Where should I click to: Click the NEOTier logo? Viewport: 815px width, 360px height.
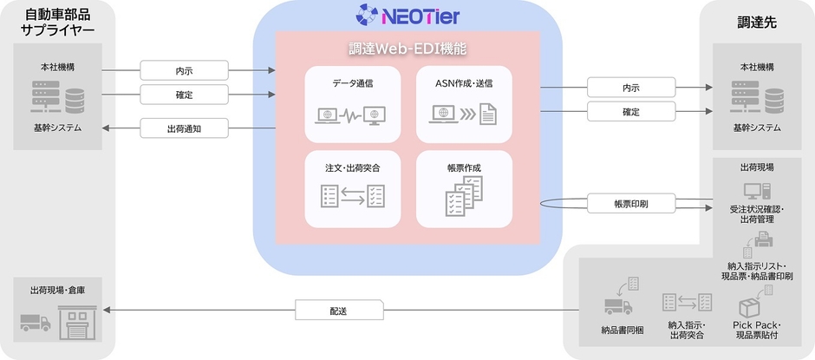(407, 15)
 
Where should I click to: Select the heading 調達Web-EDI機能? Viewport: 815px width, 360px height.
(407, 49)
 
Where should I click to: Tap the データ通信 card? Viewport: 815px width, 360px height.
(354, 104)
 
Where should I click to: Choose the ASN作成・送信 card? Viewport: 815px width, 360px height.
(464, 104)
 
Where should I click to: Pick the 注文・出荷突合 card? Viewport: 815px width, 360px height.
(354, 187)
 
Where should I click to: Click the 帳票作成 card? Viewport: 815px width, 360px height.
(464, 187)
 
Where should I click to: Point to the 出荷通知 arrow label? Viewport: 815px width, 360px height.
(184, 128)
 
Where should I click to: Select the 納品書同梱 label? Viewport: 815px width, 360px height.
(621, 329)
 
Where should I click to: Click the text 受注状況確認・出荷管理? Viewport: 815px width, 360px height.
(757, 214)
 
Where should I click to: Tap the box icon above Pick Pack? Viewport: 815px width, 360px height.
(749, 306)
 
